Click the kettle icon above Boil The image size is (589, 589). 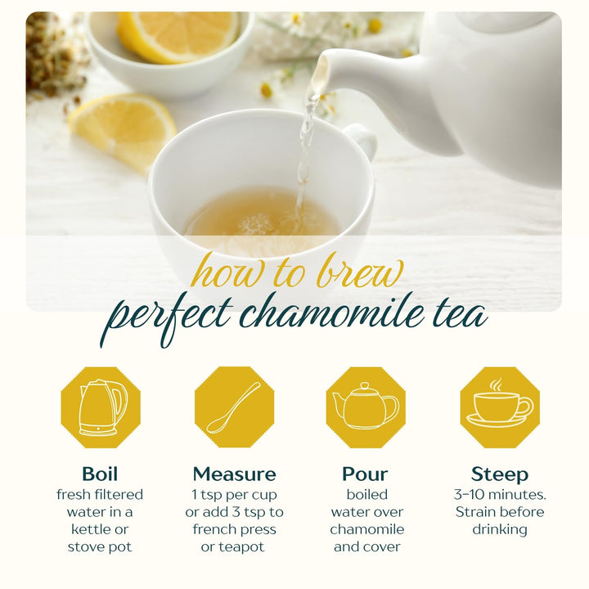click(x=101, y=407)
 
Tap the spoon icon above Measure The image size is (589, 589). click(x=234, y=407)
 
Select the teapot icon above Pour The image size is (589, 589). click(x=366, y=407)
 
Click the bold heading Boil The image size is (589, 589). click(x=100, y=474)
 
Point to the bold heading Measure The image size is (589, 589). click(x=234, y=474)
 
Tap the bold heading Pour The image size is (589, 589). click(x=365, y=474)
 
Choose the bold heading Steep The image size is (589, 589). click(x=499, y=474)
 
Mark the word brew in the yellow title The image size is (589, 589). click(x=354, y=273)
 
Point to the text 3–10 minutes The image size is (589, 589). click(x=500, y=495)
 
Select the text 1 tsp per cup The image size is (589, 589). click(x=234, y=495)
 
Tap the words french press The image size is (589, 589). click(x=234, y=529)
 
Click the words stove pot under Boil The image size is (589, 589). click(x=100, y=546)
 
